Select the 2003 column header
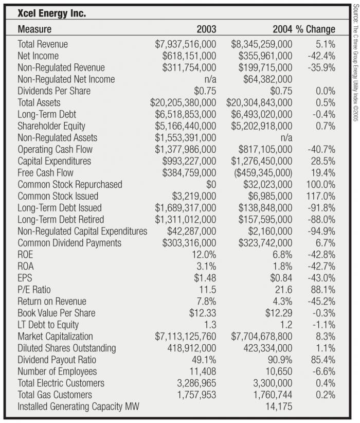[206, 29]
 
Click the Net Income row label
[38, 56]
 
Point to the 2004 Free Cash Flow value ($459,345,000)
[260, 172]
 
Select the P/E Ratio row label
[34, 289]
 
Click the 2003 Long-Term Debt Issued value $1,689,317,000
[186, 207]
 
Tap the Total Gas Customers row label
[55, 394]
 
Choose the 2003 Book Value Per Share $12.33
[203, 313]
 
